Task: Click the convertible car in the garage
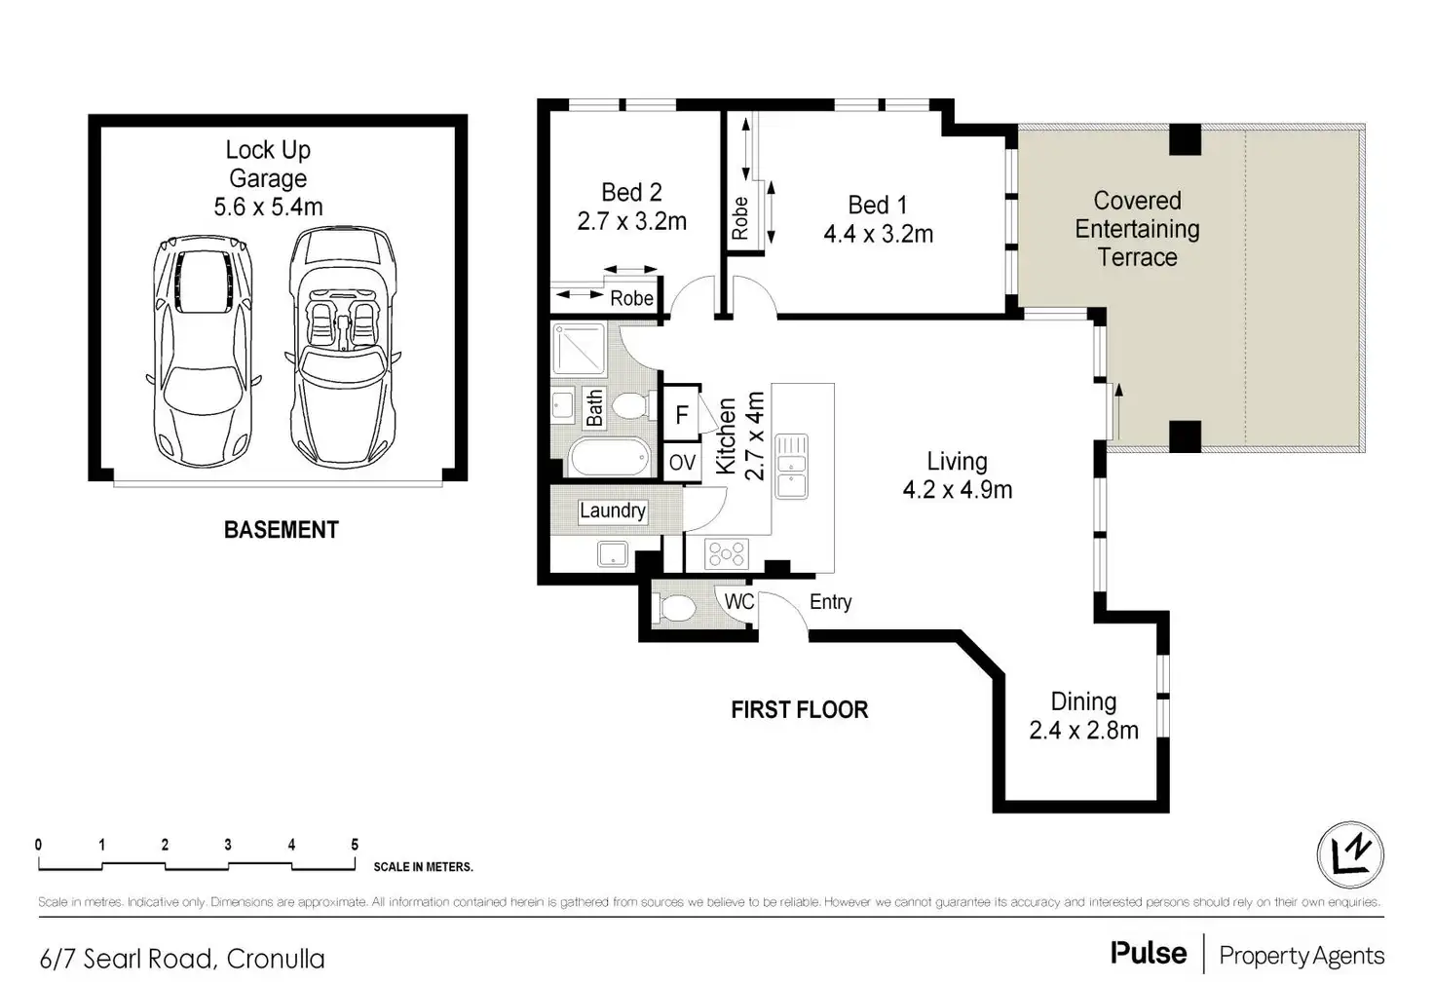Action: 343,346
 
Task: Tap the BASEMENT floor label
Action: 282,530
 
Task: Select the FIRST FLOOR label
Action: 799,710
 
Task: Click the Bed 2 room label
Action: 631,193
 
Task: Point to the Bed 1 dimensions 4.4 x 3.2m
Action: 878,235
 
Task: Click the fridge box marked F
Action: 682,415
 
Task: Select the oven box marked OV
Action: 682,462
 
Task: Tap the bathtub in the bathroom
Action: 609,457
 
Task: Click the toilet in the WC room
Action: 677,609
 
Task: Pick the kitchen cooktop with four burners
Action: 727,553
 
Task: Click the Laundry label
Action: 612,511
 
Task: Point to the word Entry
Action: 830,602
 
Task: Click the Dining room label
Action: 1083,701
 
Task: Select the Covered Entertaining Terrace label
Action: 1137,229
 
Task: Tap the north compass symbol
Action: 1350,855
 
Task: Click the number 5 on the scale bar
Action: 355,845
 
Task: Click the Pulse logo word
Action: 1149,954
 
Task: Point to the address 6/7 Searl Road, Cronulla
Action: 182,959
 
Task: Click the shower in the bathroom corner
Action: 579,350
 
